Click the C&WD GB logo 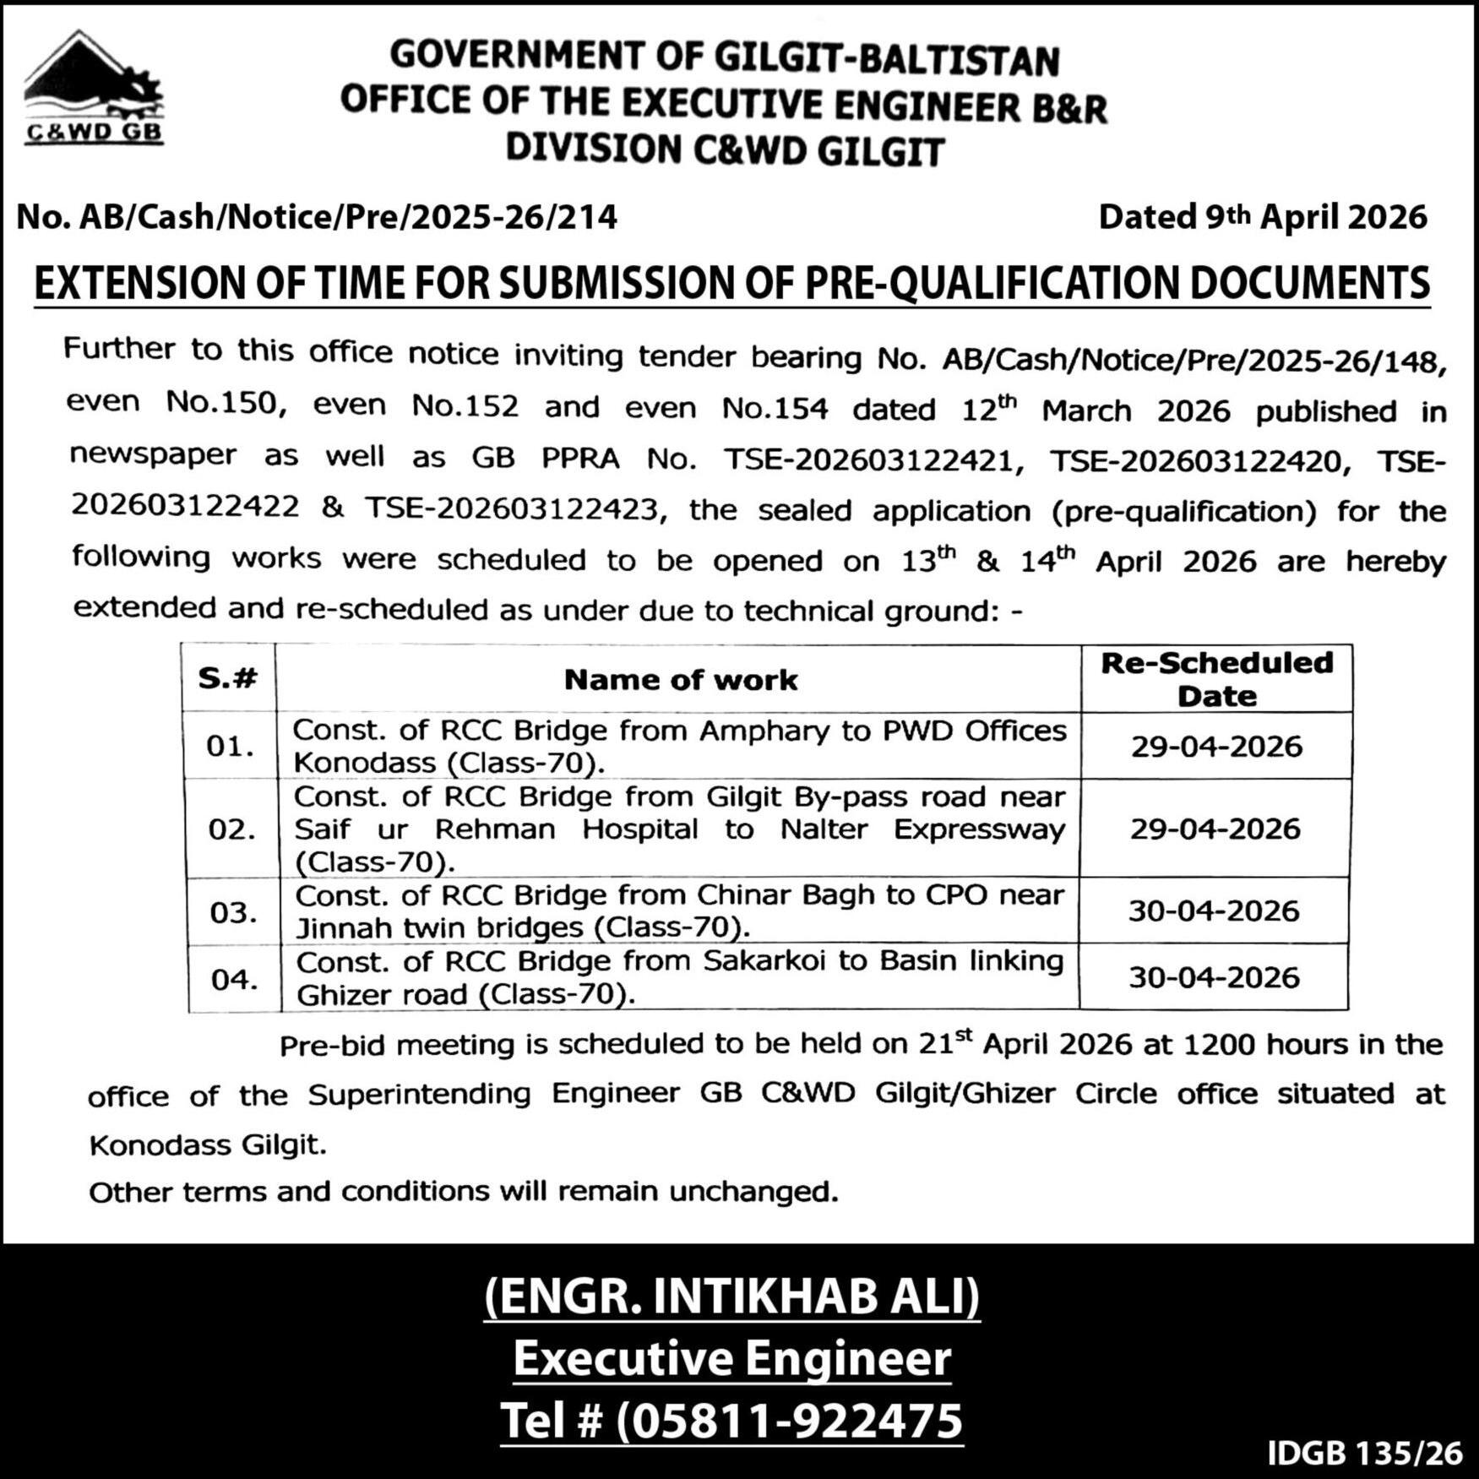93,90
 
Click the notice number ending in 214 317,217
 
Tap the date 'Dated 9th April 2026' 1262,217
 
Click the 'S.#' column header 227,678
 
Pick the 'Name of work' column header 680,680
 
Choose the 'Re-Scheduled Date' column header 1216,679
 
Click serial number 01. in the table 230,747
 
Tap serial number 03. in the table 233,912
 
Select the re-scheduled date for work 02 1215,829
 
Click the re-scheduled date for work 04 1214,977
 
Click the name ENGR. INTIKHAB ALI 731,1297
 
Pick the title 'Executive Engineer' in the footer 731,1359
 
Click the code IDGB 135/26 1364,1453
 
